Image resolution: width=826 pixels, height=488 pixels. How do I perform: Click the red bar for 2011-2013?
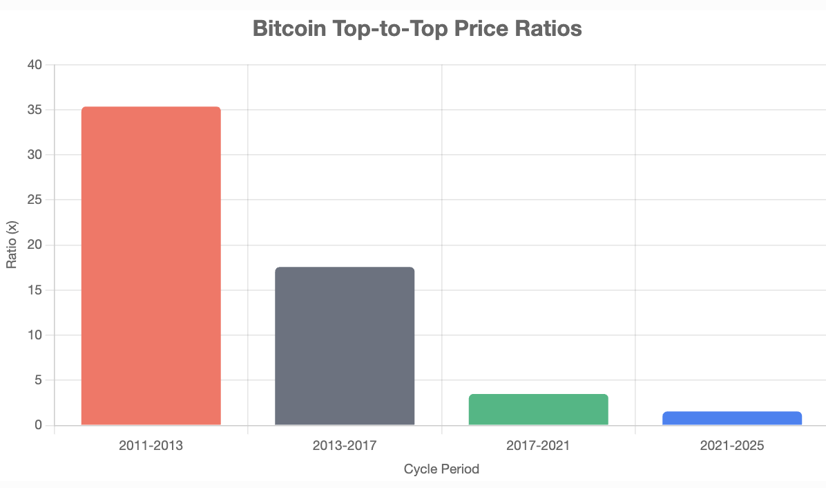151,266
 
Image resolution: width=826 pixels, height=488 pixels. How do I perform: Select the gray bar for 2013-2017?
345,346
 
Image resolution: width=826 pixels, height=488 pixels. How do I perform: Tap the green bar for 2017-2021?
538,410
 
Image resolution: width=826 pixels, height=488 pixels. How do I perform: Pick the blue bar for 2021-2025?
732,418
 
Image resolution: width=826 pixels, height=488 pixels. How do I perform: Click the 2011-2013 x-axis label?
151,446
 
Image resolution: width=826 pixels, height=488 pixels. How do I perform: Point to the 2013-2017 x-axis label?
345,446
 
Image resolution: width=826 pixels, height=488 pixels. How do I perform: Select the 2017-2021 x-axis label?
538,446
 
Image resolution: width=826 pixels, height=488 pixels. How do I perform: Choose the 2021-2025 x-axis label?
732,446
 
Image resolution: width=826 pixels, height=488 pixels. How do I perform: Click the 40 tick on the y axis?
35,65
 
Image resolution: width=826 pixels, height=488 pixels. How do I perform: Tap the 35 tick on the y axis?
35,110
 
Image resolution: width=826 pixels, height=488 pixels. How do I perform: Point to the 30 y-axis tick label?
35,155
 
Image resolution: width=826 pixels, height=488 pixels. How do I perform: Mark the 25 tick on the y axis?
35,200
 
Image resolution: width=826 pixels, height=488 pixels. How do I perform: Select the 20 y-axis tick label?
35,245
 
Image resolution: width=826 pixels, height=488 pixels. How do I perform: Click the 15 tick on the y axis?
35,290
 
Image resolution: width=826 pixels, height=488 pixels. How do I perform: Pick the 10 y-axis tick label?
35,335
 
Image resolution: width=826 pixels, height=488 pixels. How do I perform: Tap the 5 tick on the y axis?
38,380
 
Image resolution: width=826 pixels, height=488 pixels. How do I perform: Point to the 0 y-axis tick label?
38,425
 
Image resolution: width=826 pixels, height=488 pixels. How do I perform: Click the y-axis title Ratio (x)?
12,245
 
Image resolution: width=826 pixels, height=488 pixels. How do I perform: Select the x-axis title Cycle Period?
441,469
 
